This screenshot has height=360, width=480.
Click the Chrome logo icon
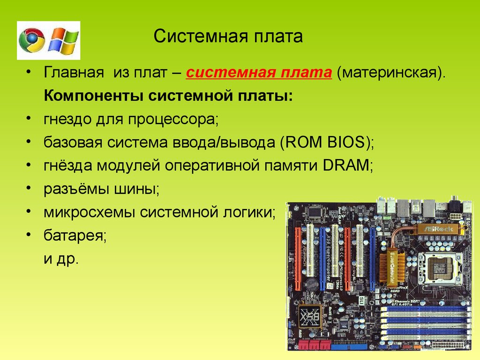pos(31,40)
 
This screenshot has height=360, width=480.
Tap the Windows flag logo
pos(63,41)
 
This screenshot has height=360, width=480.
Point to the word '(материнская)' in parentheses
pos(391,73)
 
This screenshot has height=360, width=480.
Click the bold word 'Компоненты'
pos(94,96)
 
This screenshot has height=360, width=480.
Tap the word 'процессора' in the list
pos(173,120)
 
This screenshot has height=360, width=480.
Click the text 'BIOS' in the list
pos(346,142)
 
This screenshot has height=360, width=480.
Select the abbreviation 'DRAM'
pos(346,165)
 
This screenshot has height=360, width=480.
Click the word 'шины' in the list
pos(137,189)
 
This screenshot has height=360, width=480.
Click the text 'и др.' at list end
pos(61,259)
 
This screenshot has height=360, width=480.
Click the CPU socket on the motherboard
pos(440,269)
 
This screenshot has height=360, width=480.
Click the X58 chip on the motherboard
pos(310,316)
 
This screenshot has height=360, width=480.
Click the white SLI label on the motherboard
pos(361,300)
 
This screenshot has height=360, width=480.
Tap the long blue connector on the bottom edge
pos(349,347)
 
